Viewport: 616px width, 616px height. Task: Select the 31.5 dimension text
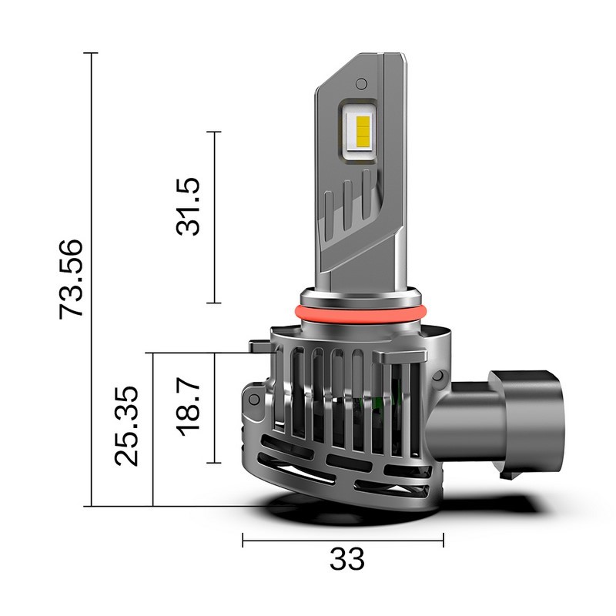click(188, 206)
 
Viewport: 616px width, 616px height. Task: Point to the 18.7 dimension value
click(188, 406)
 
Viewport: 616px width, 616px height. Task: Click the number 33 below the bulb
click(346, 559)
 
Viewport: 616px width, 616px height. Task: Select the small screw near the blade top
click(360, 81)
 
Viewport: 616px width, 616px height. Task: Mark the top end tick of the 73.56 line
click(92, 53)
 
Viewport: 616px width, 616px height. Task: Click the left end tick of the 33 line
click(243, 540)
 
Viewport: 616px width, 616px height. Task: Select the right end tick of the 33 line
click(444, 540)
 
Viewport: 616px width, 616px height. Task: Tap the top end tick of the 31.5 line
click(214, 132)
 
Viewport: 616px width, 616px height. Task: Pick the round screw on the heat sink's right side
click(440, 375)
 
